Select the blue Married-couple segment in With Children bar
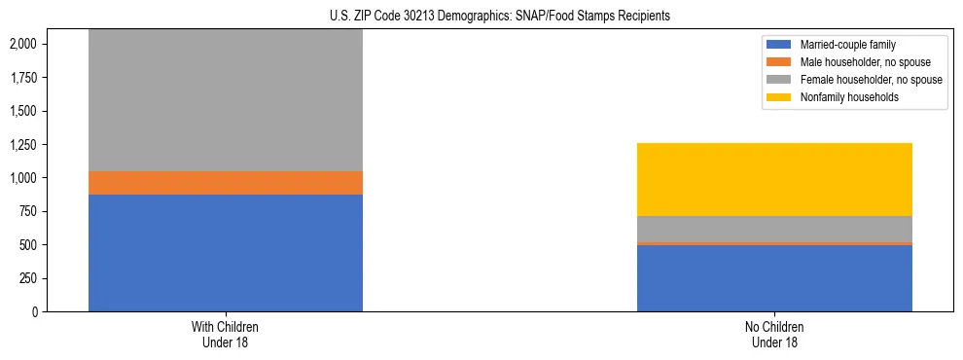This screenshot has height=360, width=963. (x=226, y=253)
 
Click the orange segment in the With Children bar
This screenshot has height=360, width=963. (x=226, y=183)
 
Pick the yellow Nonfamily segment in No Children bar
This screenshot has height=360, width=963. (x=774, y=179)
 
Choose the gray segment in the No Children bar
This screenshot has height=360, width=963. (x=774, y=229)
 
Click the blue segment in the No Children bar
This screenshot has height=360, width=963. (x=774, y=277)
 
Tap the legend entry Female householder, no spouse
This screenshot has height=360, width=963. (x=870, y=80)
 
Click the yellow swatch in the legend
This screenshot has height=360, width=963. (x=780, y=97)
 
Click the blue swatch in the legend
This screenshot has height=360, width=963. (x=780, y=45)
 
